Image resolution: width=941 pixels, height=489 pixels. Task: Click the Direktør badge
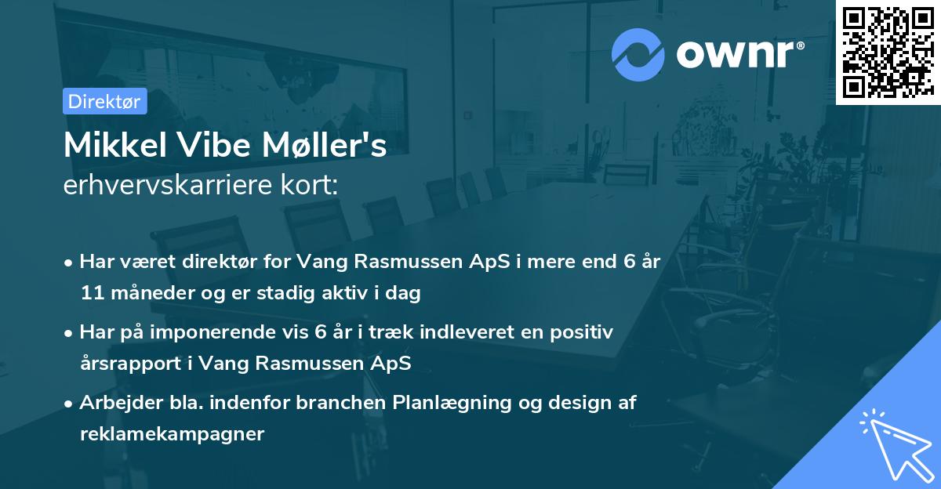pos(104,102)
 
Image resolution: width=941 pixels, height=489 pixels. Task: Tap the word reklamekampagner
pos(172,433)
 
